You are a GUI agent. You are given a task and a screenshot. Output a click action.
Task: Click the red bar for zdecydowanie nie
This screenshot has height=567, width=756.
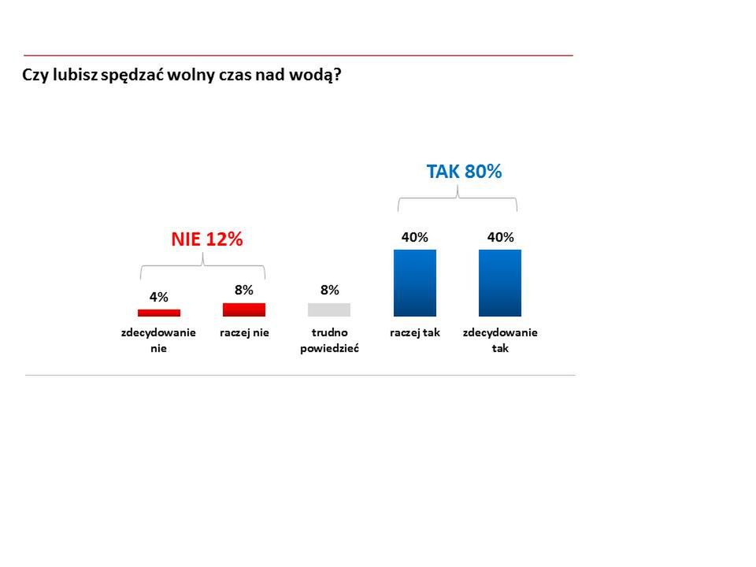click(x=158, y=313)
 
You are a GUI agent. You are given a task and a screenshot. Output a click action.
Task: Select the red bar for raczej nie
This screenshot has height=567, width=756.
click(x=244, y=309)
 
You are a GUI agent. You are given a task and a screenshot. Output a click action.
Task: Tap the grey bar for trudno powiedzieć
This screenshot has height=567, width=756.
click(x=329, y=309)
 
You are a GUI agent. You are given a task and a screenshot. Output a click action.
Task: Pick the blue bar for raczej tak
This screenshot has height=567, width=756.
click(x=415, y=283)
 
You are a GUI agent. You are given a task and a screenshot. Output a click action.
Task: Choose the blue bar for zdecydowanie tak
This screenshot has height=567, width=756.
click(x=500, y=283)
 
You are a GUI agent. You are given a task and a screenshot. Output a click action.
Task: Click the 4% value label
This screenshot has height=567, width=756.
click(x=158, y=297)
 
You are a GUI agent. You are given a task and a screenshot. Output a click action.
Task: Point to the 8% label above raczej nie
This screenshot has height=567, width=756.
click(x=244, y=290)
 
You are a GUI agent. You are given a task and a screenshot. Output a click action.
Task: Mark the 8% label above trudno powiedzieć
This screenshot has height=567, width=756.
click(x=329, y=290)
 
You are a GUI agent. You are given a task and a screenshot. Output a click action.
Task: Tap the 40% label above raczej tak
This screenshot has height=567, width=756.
click(x=415, y=237)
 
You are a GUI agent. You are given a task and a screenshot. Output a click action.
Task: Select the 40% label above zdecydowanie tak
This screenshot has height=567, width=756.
click(x=500, y=237)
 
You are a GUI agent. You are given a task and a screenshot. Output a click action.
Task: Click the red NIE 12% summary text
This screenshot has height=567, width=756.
click(x=207, y=239)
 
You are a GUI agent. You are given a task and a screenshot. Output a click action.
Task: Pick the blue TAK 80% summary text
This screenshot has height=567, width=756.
click(x=464, y=172)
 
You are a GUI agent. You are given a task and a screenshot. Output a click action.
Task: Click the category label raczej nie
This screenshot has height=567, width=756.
click(x=244, y=332)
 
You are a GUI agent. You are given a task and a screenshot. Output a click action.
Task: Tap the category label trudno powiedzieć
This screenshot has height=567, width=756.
click(x=329, y=340)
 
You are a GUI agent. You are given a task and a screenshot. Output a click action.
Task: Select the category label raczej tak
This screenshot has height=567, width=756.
click(x=415, y=332)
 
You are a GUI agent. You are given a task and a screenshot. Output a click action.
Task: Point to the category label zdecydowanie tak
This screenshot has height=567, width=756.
click(x=500, y=340)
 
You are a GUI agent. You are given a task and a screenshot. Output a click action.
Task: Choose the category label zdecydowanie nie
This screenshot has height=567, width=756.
click(x=158, y=340)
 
